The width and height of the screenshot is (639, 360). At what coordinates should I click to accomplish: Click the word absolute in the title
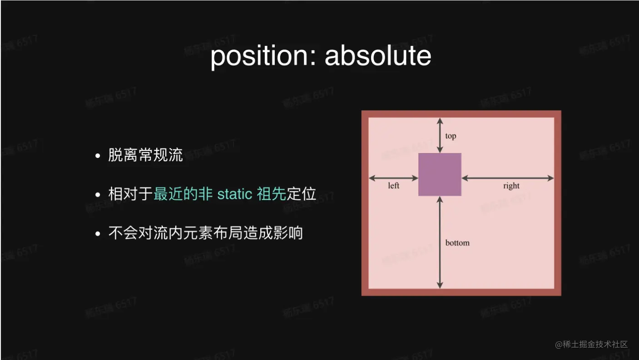point(378,56)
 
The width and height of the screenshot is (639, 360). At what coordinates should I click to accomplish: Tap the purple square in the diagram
point(440,174)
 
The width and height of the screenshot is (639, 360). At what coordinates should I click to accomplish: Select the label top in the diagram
point(451,136)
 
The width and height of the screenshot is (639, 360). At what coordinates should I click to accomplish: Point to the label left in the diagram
point(394,186)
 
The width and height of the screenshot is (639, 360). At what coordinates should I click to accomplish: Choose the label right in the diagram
point(511,186)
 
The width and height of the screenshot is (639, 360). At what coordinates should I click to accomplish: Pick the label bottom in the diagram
point(457,243)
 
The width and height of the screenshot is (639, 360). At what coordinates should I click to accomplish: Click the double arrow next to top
point(439,135)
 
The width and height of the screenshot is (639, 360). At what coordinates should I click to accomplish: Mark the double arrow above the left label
point(393,178)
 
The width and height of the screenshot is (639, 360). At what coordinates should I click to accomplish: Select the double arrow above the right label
point(508,178)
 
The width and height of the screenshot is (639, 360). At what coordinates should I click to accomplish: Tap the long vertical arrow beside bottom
point(439,242)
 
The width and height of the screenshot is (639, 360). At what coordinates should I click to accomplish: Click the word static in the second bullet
point(235,194)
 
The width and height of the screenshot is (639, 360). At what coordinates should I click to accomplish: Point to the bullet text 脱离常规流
point(145,155)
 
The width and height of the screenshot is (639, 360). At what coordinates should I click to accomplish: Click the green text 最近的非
point(183,194)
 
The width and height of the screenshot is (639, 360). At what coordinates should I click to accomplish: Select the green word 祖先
point(271,194)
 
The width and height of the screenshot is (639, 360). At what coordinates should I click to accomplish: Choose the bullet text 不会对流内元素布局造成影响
point(205,233)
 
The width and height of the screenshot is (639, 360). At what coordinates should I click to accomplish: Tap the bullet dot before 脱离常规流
point(98,156)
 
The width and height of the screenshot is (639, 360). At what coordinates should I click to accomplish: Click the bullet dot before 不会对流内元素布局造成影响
point(98,234)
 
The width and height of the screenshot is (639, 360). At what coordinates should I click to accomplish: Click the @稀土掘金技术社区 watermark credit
point(591,344)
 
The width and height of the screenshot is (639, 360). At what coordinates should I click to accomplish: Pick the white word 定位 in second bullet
point(302,194)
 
